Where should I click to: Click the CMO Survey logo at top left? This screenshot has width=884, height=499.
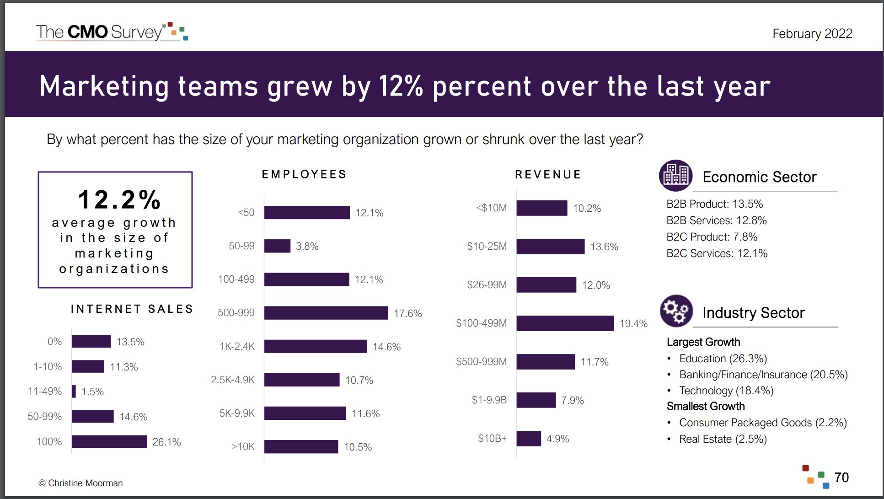[112, 32]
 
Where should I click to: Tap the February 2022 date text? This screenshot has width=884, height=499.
[812, 34]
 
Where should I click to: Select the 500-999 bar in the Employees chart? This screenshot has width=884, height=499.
[326, 313]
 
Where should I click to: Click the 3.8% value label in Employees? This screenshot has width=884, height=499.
[307, 247]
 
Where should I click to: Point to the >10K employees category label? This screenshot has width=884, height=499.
[243, 447]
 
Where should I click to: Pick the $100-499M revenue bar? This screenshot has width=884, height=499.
[565, 323]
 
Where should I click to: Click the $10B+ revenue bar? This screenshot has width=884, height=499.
[529, 439]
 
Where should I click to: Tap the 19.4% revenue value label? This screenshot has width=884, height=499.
[633, 324]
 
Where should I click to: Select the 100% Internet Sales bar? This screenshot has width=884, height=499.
[109, 442]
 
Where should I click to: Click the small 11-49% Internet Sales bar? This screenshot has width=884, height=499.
[74, 392]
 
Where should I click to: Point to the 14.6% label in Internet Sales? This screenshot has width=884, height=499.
[133, 417]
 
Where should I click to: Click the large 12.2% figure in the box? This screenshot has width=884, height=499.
[119, 200]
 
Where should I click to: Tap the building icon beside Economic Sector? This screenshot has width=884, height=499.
[675, 176]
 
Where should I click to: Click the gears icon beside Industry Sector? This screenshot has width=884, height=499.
[676, 311]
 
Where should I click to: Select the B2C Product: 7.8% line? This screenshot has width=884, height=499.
[712, 237]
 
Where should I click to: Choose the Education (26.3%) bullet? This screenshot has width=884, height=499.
[723, 359]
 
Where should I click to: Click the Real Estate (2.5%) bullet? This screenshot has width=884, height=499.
[723, 439]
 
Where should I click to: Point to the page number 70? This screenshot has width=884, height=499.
[841, 478]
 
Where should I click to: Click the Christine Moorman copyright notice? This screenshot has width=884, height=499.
[80, 483]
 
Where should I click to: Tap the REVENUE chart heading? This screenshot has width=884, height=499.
[548, 175]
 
